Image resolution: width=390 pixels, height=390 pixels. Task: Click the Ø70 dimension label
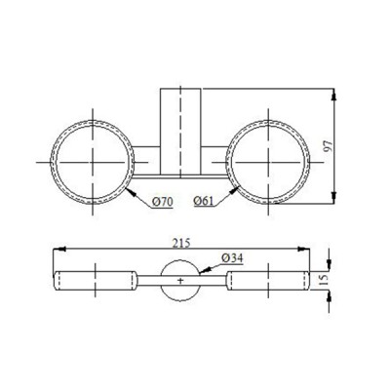point(164,201)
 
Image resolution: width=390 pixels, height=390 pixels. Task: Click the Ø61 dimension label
point(204,201)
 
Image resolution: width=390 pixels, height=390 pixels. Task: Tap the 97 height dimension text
point(342,146)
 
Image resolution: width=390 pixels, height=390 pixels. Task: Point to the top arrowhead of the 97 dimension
point(335,94)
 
